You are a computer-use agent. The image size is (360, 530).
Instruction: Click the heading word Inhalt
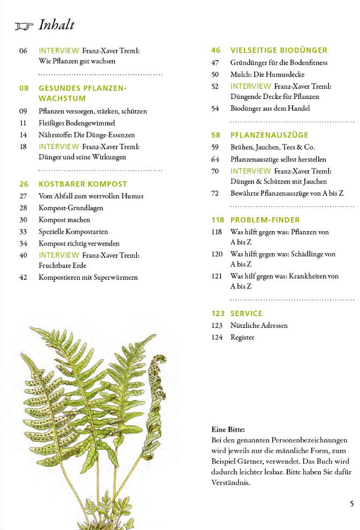pos(57,25)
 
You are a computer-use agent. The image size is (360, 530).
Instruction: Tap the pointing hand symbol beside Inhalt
pos(24,26)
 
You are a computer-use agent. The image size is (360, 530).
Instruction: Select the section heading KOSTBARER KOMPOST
pos(83,184)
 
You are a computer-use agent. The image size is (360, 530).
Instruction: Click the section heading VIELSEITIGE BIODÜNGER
pos(279,50)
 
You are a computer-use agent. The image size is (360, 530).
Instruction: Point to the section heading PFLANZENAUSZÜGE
pos(270,135)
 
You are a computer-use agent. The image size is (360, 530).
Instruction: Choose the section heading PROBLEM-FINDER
pos(265,220)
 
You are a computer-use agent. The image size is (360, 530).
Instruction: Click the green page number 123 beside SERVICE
pos(218,313)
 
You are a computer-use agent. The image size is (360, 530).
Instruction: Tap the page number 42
pos(23,277)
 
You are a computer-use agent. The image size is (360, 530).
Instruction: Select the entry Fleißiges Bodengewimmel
pos(77,123)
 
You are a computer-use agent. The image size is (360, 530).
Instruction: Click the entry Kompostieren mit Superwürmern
pos(88,277)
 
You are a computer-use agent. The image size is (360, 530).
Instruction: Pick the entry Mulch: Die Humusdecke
pos(267,74)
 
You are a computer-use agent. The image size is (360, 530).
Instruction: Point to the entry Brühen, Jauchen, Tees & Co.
pos(272,147)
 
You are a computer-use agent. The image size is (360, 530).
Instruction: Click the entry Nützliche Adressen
pos(259,325)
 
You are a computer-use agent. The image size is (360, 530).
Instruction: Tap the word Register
pos(242,337)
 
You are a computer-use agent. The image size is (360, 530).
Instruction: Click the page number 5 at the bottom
pos(351,503)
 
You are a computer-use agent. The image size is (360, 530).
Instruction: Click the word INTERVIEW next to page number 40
pos(59,255)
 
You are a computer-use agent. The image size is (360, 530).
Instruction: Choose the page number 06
pos(23,51)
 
